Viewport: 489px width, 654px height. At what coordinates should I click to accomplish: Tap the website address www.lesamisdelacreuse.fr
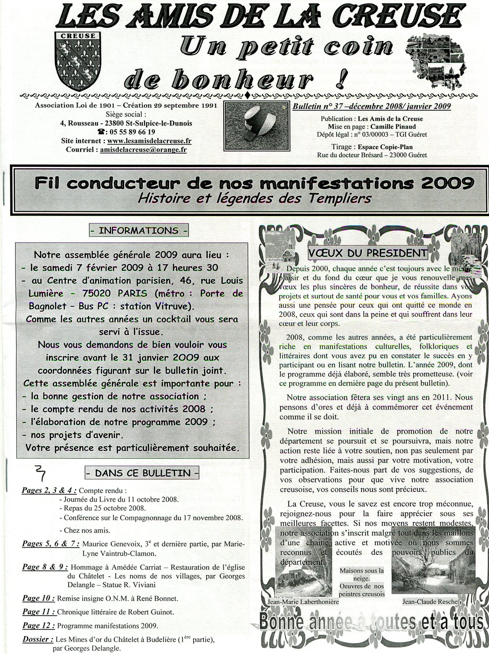[x=150, y=141]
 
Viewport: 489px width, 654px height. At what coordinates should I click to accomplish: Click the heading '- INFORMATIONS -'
[x=139, y=231]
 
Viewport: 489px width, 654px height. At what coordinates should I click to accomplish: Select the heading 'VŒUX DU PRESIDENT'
[x=368, y=253]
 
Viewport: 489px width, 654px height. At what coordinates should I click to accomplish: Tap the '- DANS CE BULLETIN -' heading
[x=142, y=473]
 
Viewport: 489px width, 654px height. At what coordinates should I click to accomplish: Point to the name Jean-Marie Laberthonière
[x=303, y=602]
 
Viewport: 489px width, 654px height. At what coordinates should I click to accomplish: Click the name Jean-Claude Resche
[x=430, y=602]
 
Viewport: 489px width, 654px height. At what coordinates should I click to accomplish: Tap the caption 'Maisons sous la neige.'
[x=362, y=574]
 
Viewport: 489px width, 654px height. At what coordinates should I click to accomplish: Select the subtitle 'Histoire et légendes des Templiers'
[x=255, y=198]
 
